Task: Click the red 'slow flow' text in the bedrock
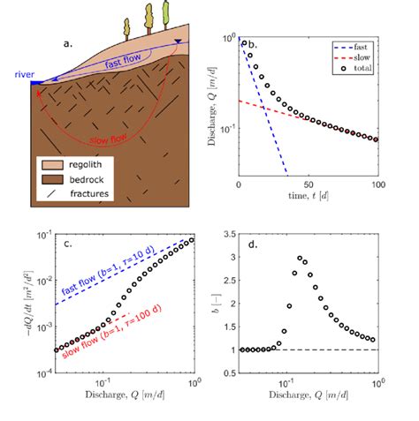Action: (x=117, y=138)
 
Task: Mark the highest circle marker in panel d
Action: (x=299, y=259)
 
